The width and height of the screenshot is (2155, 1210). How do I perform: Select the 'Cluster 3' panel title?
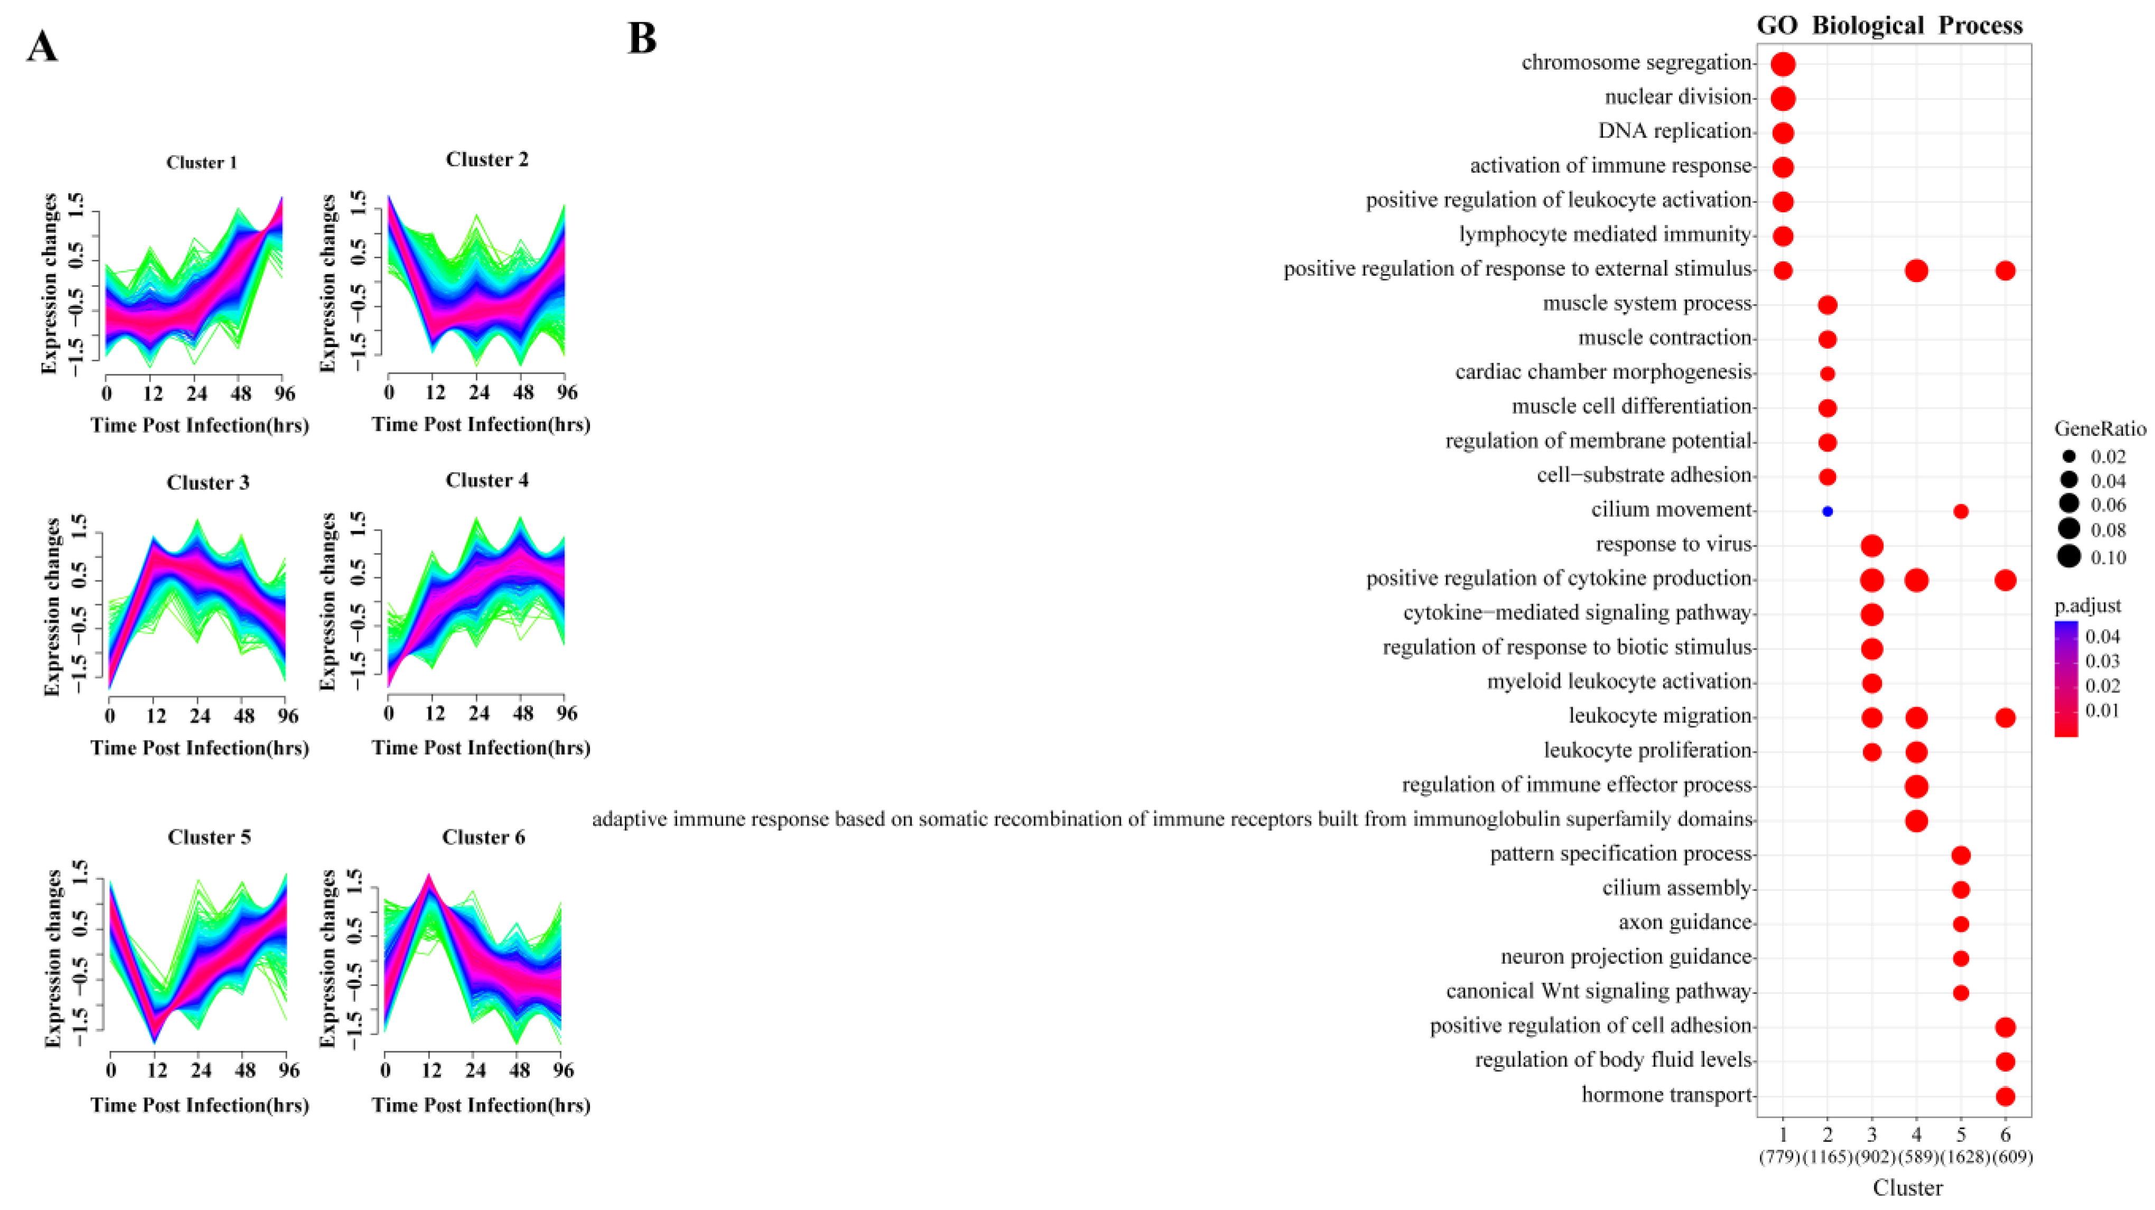coord(208,483)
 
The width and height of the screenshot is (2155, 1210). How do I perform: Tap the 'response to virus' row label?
coord(1673,545)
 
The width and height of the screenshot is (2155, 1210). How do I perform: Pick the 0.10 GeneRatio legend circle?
coord(2069,557)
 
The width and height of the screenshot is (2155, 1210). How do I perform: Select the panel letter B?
coord(642,39)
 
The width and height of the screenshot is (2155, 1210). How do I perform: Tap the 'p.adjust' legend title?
coord(2087,606)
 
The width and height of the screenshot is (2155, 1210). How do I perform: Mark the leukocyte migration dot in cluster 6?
coord(2004,717)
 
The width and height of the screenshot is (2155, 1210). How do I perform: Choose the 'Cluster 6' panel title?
coord(483,838)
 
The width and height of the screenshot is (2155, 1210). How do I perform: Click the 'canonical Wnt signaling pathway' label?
coord(1598,991)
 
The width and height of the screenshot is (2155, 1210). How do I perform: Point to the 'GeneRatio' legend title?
coord(2100,429)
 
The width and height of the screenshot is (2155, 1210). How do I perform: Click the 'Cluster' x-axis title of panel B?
coord(1907,1187)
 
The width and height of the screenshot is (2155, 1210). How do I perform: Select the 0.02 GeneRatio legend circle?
coord(2069,457)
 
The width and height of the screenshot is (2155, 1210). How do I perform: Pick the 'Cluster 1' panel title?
coord(202,162)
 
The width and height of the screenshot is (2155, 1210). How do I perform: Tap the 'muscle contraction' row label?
coord(1665,338)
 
